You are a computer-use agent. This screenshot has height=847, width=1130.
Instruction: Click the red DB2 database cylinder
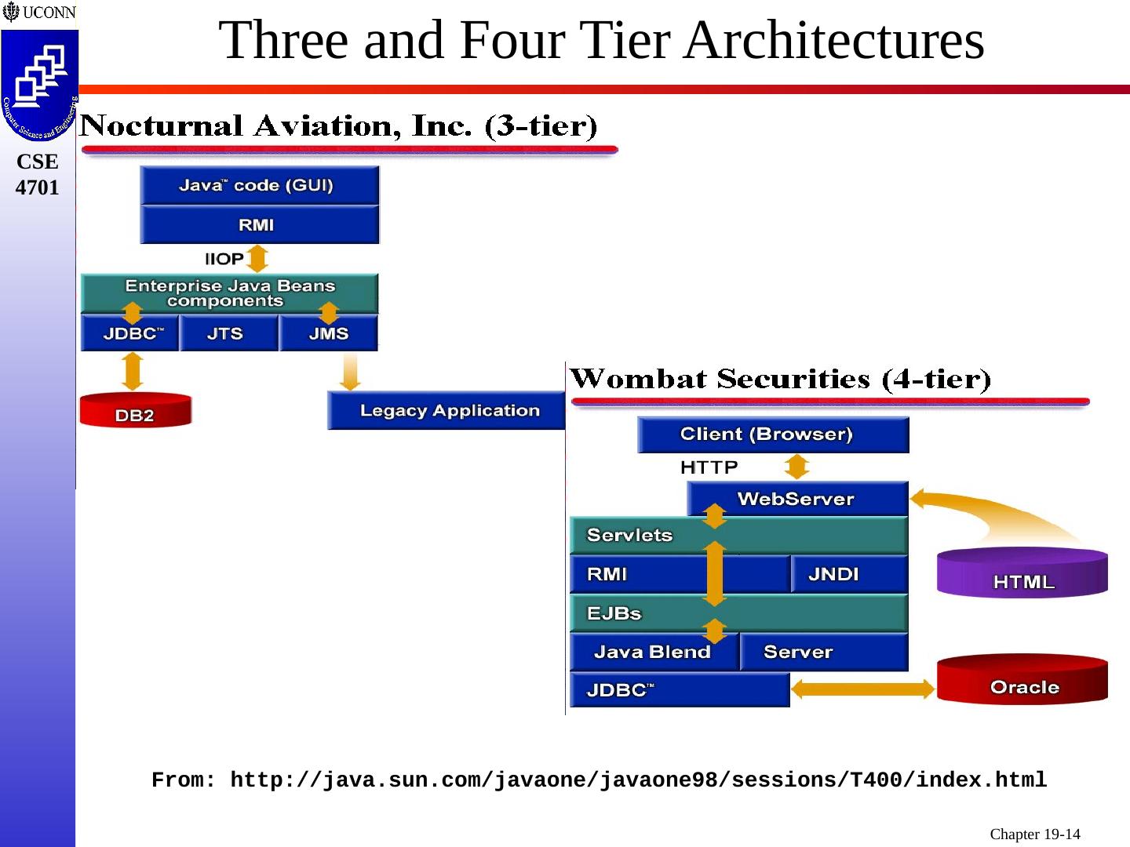click(135, 410)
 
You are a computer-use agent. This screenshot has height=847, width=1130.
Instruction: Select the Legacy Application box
click(447, 410)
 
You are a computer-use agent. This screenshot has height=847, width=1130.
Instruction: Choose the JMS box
click(329, 334)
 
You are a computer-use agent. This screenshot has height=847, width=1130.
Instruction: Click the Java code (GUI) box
click(259, 186)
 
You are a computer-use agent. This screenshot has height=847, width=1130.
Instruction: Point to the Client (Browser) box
click(772, 434)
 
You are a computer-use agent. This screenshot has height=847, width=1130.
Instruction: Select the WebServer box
click(797, 499)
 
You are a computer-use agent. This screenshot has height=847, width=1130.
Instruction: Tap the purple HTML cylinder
click(1022, 574)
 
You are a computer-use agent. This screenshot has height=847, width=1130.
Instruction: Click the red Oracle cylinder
click(1022, 681)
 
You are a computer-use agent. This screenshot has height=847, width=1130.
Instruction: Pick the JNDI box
click(848, 574)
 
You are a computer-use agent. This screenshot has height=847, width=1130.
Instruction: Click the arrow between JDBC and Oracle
click(862, 689)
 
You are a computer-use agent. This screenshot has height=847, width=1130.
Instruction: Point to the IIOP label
click(224, 259)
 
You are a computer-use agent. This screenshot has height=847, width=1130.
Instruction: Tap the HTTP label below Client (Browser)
click(709, 467)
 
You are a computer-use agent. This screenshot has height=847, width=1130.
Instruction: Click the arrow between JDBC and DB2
click(133, 371)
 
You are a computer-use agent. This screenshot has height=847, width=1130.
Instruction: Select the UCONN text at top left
click(49, 13)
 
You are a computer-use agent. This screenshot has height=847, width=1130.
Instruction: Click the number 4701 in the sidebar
click(38, 187)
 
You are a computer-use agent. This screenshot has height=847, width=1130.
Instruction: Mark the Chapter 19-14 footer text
click(1034, 834)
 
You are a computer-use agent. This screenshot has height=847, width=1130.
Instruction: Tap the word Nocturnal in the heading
click(162, 126)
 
